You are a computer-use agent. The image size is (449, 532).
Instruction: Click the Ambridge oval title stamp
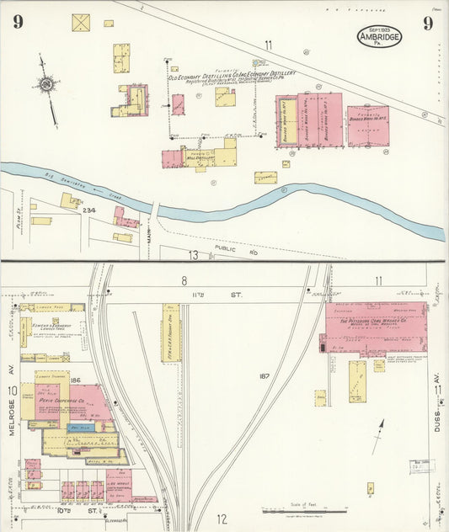379,35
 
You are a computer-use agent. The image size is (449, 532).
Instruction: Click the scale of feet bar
294,510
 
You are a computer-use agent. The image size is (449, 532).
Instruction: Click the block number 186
75,381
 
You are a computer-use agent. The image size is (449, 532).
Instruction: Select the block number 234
88,210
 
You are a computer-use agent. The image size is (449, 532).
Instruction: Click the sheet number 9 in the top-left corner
18,23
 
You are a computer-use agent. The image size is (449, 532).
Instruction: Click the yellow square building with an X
81,23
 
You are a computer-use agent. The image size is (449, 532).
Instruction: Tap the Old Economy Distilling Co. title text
232,74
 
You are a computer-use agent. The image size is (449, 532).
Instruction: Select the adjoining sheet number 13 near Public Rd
193,254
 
